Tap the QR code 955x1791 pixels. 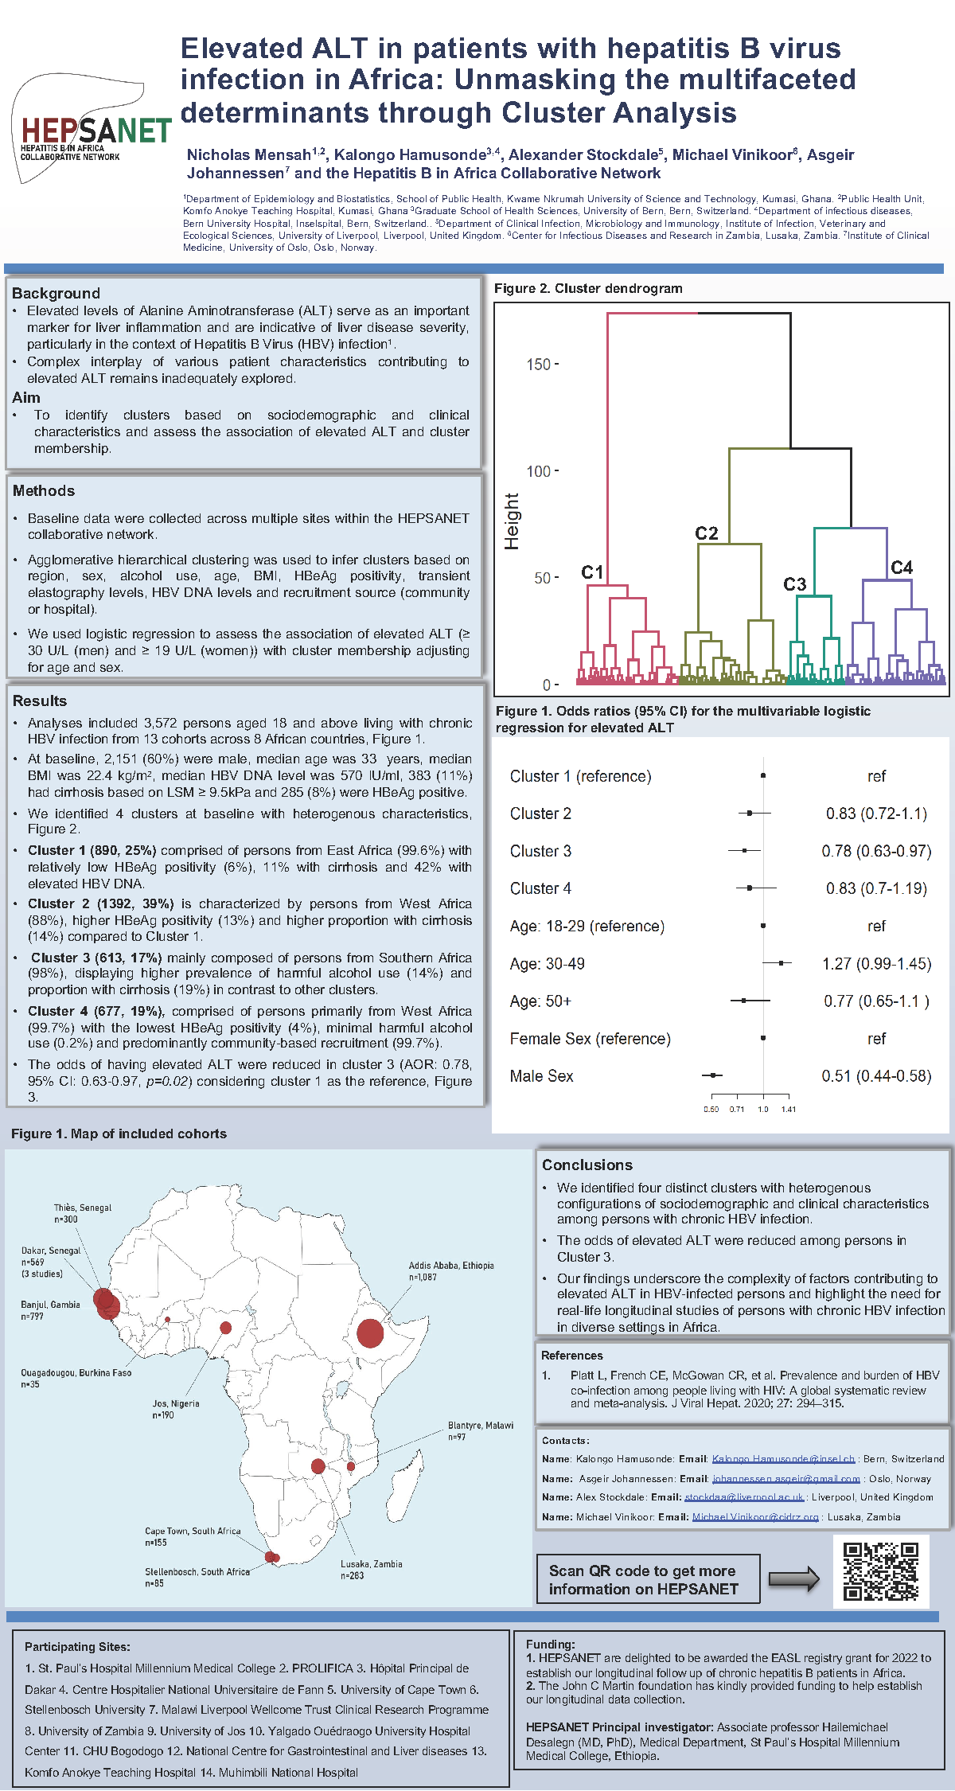pyautogui.click(x=881, y=1571)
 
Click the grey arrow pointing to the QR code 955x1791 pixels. pyautogui.click(x=793, y=1579)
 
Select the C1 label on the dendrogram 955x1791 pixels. pyautogui.click(x=592, y=572)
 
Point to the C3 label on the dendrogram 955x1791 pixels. pyautogui.click(x=794, y=584)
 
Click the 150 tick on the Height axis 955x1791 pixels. pyautogui.click(x=539, y=365)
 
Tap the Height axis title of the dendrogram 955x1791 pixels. pyautogui.click(x=512, y=521)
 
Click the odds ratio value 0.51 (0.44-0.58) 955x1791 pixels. pyautogui.click(x=875, y=1076)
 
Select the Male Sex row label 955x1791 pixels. pyautogui.click(x=541, y=1076)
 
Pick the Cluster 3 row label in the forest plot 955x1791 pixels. pyautogui.click(x=540, y=851)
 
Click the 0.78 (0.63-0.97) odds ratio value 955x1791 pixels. pyautogui.click(x=875, y=851)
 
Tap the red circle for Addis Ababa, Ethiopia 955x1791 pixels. pyautogui.click(x=370, y=1333)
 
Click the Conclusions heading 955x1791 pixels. pyautogui.click(x=587, y=1165)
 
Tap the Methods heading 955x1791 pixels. pyautogui.click(x=44, y=490)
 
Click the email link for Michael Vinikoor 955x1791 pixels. pyautogui.click(x=754, y=1517)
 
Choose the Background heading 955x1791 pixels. pyautogui.click(x=56, y=293)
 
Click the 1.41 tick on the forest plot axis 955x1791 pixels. pyautogui.click(x=788, y=1109)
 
